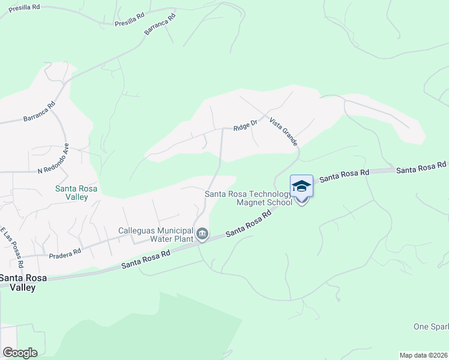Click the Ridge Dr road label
point(245,125)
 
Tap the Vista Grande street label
point(283,130)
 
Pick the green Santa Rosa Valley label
point(76,192)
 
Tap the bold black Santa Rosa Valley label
point(18,282)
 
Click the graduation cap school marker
point(301,187)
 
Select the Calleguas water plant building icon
point(202,233)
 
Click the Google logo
point(20,352)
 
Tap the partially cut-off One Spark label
point(431,326)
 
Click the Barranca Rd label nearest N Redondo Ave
point(40,111)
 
